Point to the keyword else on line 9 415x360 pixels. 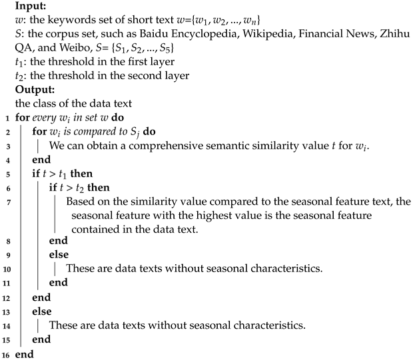(x=58, y=254)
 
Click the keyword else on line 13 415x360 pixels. (x=41, y=310)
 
